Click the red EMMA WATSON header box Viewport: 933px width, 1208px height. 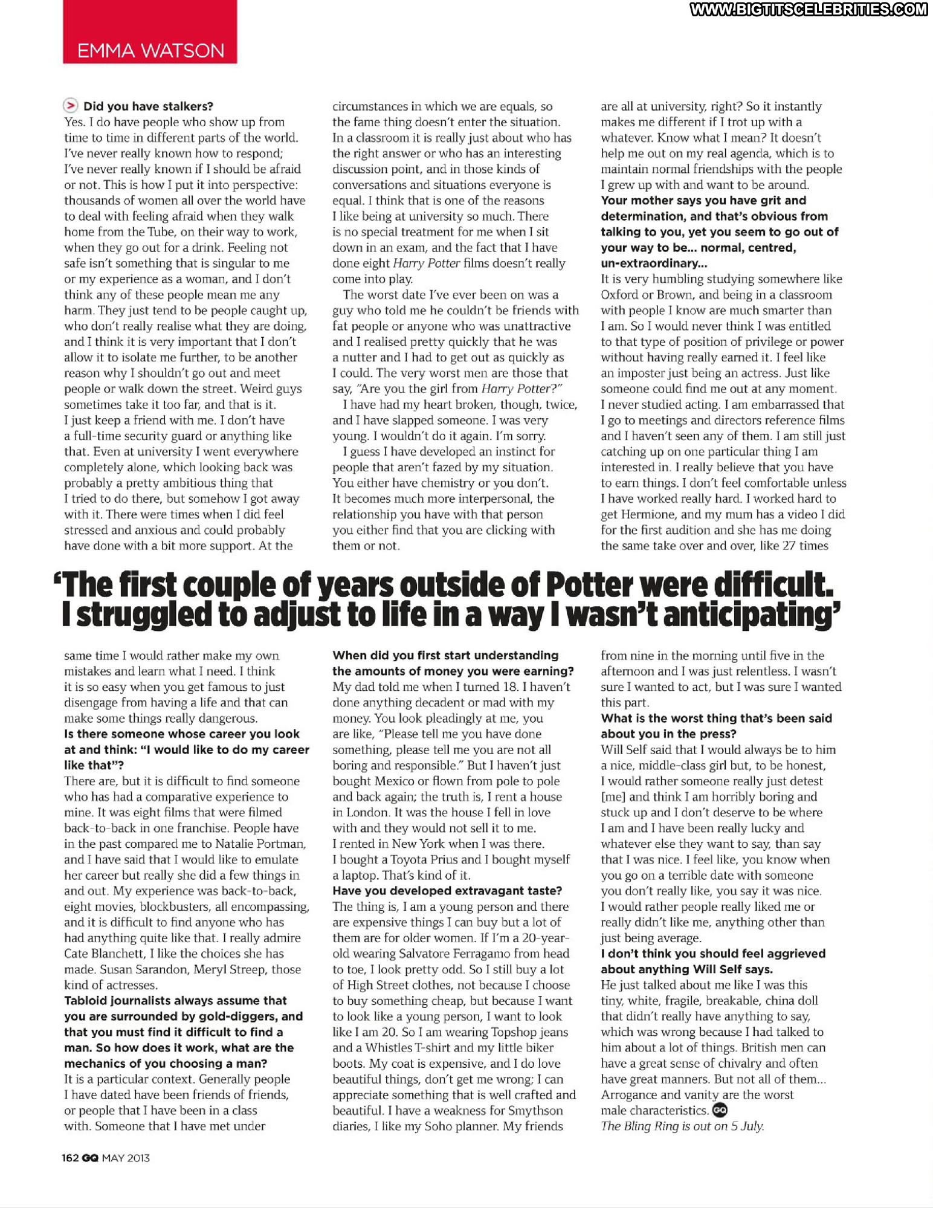150,32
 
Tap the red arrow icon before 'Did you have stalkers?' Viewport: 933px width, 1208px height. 71,106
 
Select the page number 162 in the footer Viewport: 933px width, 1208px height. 70,1158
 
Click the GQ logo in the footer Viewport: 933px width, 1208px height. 90,1158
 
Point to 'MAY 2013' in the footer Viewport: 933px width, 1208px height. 126,1158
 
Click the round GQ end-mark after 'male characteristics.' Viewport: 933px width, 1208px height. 720,1110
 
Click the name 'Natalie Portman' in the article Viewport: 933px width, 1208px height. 261,844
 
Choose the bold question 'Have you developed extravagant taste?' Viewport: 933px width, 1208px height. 447,891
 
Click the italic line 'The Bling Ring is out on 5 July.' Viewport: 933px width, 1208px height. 682,1126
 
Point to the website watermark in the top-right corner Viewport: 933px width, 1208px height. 809,9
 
